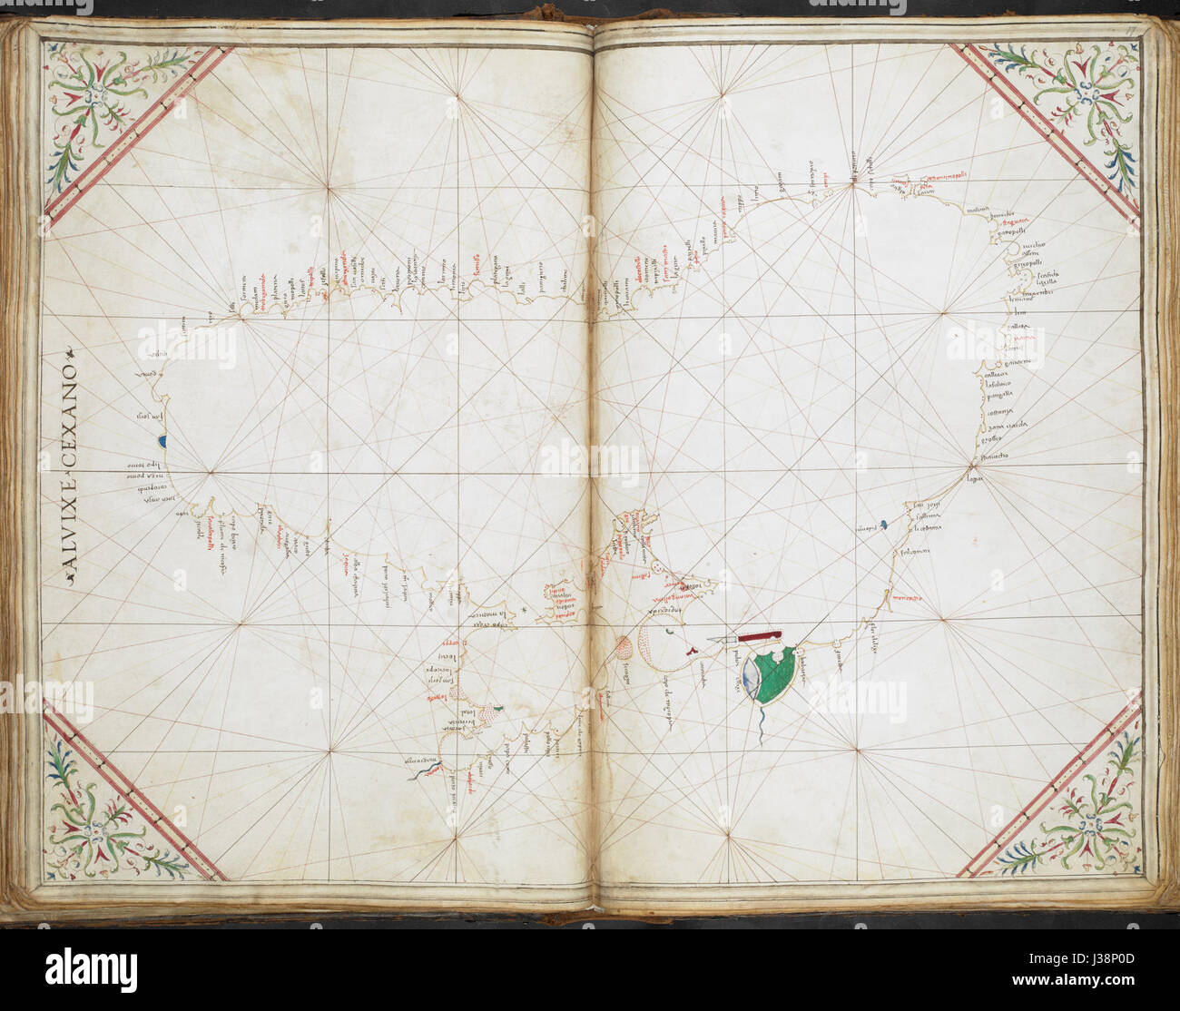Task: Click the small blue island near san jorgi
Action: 883,525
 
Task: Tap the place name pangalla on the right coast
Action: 1000,396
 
